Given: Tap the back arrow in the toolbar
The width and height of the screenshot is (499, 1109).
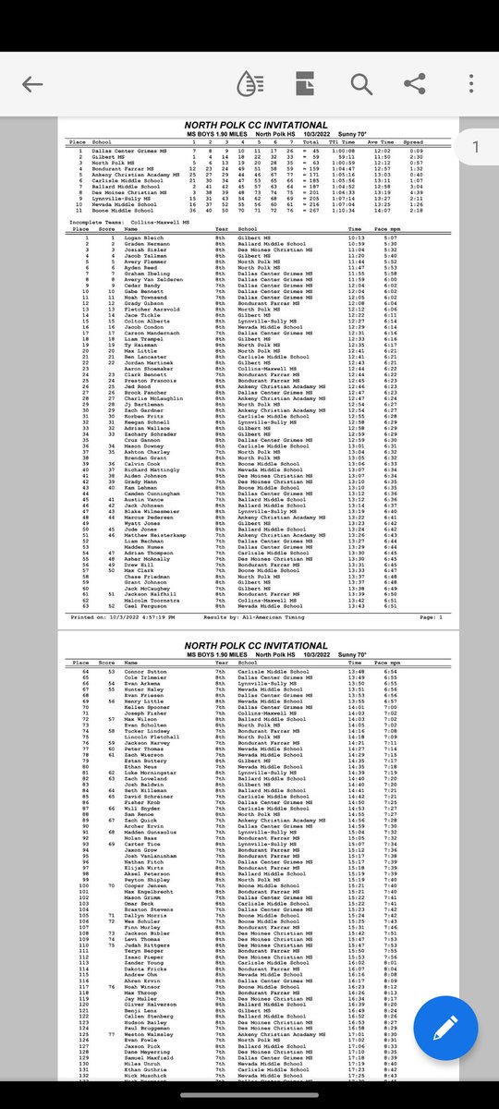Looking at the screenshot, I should pos(32,84).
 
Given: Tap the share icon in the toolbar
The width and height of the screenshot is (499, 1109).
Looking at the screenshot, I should pos(415,84).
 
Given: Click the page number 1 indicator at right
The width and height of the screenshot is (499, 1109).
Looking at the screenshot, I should pos(475,147).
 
